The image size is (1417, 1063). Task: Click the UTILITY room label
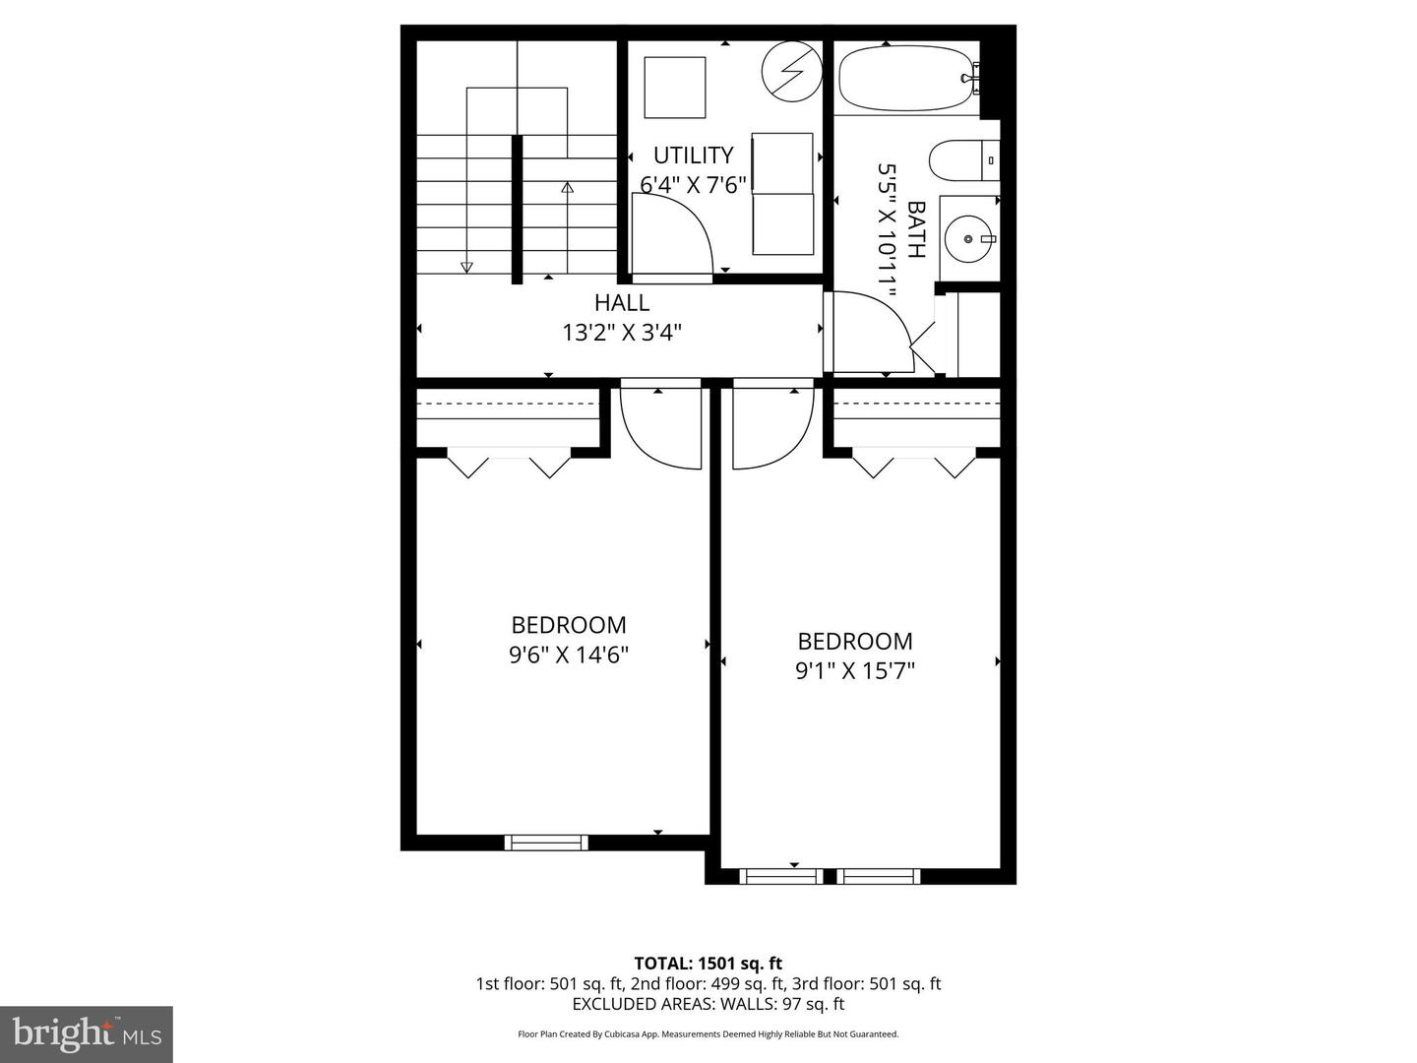(x=694, y=156)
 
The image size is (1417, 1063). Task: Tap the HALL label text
(x=621, y=302)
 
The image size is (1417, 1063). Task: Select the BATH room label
(x=916, y=229)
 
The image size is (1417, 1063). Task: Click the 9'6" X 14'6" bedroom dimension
(x=569, y=655)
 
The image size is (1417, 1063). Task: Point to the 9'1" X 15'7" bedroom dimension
(x=855, y=671)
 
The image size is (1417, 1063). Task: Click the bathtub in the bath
(x=906, y=77)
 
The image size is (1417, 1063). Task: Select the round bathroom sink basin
(x=969, y=238)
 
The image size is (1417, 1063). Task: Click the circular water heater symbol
(x=792, y=71)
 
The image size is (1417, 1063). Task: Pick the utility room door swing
(x=671, y=236)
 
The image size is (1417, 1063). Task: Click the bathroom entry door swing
(x=872, y=333)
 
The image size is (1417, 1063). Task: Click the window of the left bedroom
(x=546, y=843)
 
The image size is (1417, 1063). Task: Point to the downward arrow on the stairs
(x=466, y=266)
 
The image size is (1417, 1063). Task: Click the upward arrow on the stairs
(x=567, y=187)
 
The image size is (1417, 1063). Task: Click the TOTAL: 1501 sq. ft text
(x=708, y=963)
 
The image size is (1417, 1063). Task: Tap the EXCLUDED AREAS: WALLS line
(x=708, y=1004)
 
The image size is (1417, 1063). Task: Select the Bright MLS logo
(x=87, y=1033)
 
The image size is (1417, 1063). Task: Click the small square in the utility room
(x=675, y=88)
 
